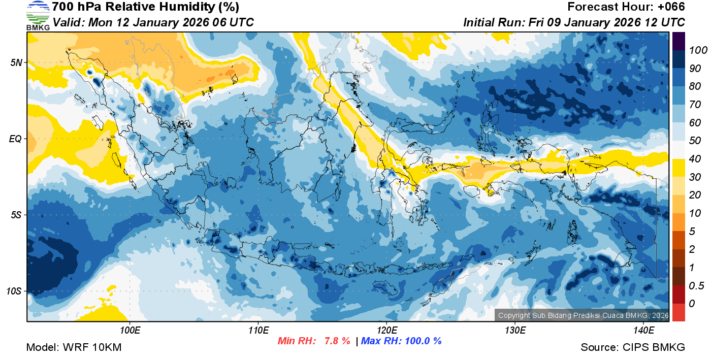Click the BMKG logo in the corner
[38, 16]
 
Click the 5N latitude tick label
[16, 62]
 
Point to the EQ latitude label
[15, 139]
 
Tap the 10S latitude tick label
[14, 291]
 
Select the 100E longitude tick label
[130, 330]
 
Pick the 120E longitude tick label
[386, 330]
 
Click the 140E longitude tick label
[643, 330]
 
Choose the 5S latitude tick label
[16, 215]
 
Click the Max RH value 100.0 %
[422, 341]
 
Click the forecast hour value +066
[670, 7]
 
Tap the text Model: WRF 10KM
[74, 348]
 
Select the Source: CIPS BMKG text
[633, 348]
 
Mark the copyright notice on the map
[583, 315]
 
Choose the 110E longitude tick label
[258, 330]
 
